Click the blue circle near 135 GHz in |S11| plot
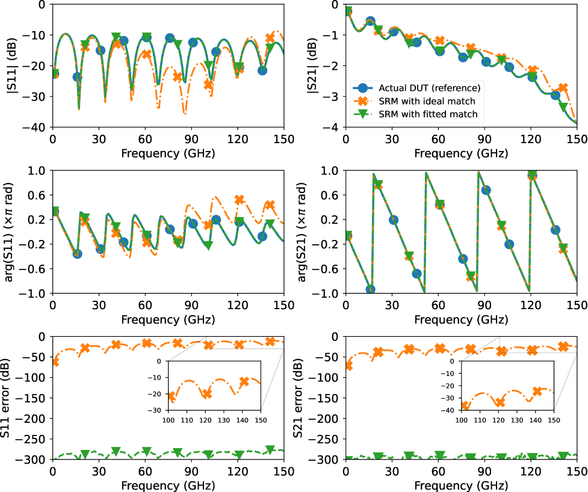click(262, 70)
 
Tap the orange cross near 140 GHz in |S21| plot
click(562, 88)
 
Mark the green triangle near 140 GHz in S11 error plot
click(270, 450)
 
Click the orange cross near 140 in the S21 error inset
click(537, 392)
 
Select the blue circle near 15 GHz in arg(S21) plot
click(371, 289)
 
